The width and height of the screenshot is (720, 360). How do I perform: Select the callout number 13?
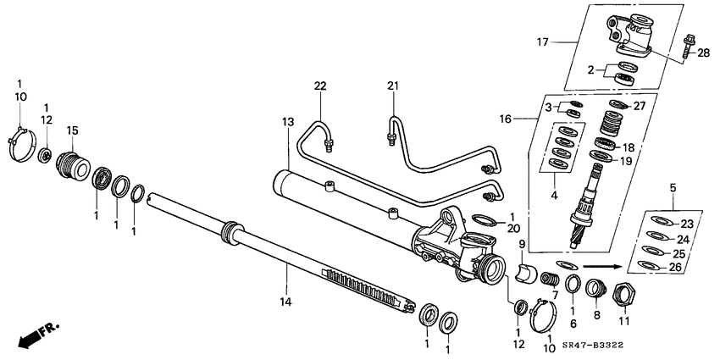point(288,123)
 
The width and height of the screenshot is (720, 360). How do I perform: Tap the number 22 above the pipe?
point(320,86)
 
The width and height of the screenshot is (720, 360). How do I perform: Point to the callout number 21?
point(391,86)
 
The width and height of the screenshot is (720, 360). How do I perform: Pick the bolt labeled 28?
point(686,42)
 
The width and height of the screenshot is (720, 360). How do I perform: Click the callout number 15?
point(73,130)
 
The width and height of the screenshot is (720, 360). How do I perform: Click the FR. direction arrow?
point(34,335)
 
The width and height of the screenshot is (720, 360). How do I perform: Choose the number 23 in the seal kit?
point(686,224)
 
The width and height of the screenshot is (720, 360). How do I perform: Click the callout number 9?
point(522,245)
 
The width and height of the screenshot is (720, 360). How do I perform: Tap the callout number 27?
point(640,106)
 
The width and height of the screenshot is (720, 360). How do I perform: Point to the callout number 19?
point(626,160)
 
